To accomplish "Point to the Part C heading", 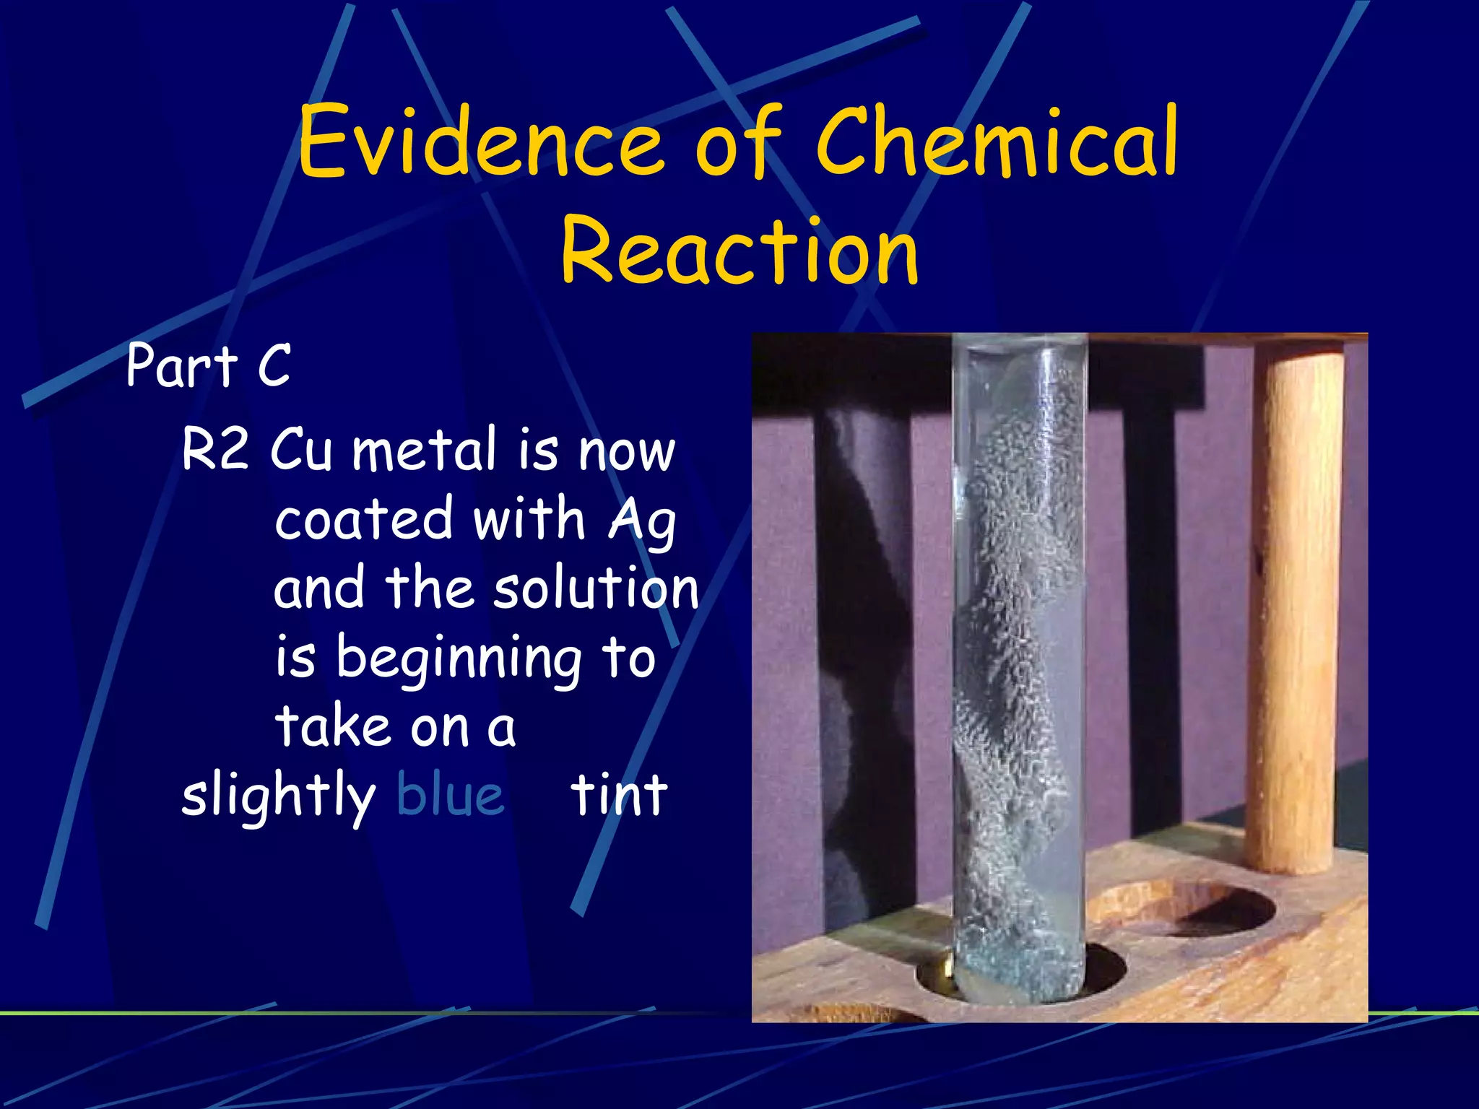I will click(x=208, y=365).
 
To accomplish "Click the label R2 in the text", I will click(x=215, y=449).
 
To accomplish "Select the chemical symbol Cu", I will click(x=302, y=449).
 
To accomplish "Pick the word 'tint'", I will click(x=619, y=796).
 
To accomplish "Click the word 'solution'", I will click(x=596, y=588).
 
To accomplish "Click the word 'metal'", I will click(x=425, y=449).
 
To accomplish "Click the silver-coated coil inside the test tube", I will click(x=1011, y=650).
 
